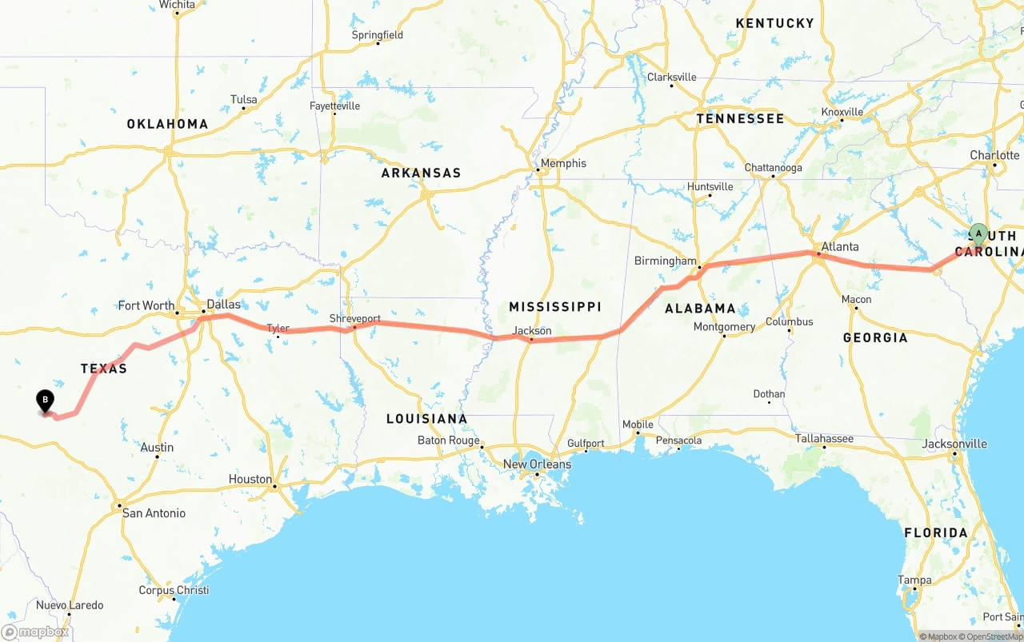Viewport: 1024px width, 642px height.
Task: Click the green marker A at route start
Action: [978, 234]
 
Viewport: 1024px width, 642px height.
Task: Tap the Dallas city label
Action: [223, 305]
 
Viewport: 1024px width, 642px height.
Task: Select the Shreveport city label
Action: [355, 318]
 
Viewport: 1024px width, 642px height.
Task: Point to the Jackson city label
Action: [532, 330]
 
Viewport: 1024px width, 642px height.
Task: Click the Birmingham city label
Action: [665, 261]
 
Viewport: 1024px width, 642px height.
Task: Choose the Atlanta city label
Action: [840, 246]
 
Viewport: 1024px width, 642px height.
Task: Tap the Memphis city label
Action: [563, 163]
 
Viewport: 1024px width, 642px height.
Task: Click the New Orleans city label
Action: [537, 464]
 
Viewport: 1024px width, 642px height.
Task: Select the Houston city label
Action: [250, 479]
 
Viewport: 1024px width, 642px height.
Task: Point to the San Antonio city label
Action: [154, 512]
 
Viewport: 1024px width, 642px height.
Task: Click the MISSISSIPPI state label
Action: [555, 307]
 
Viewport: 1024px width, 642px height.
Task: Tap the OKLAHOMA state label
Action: [167, 124]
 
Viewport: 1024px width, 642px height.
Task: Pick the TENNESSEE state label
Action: [740, 118]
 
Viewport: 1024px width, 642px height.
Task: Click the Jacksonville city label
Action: [954, 444]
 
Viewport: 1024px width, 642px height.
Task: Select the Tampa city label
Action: [914, 580]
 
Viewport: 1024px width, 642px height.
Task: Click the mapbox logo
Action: [36, 632]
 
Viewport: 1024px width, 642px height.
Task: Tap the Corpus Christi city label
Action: [174, 590]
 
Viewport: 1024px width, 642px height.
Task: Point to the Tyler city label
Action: [278, 328]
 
